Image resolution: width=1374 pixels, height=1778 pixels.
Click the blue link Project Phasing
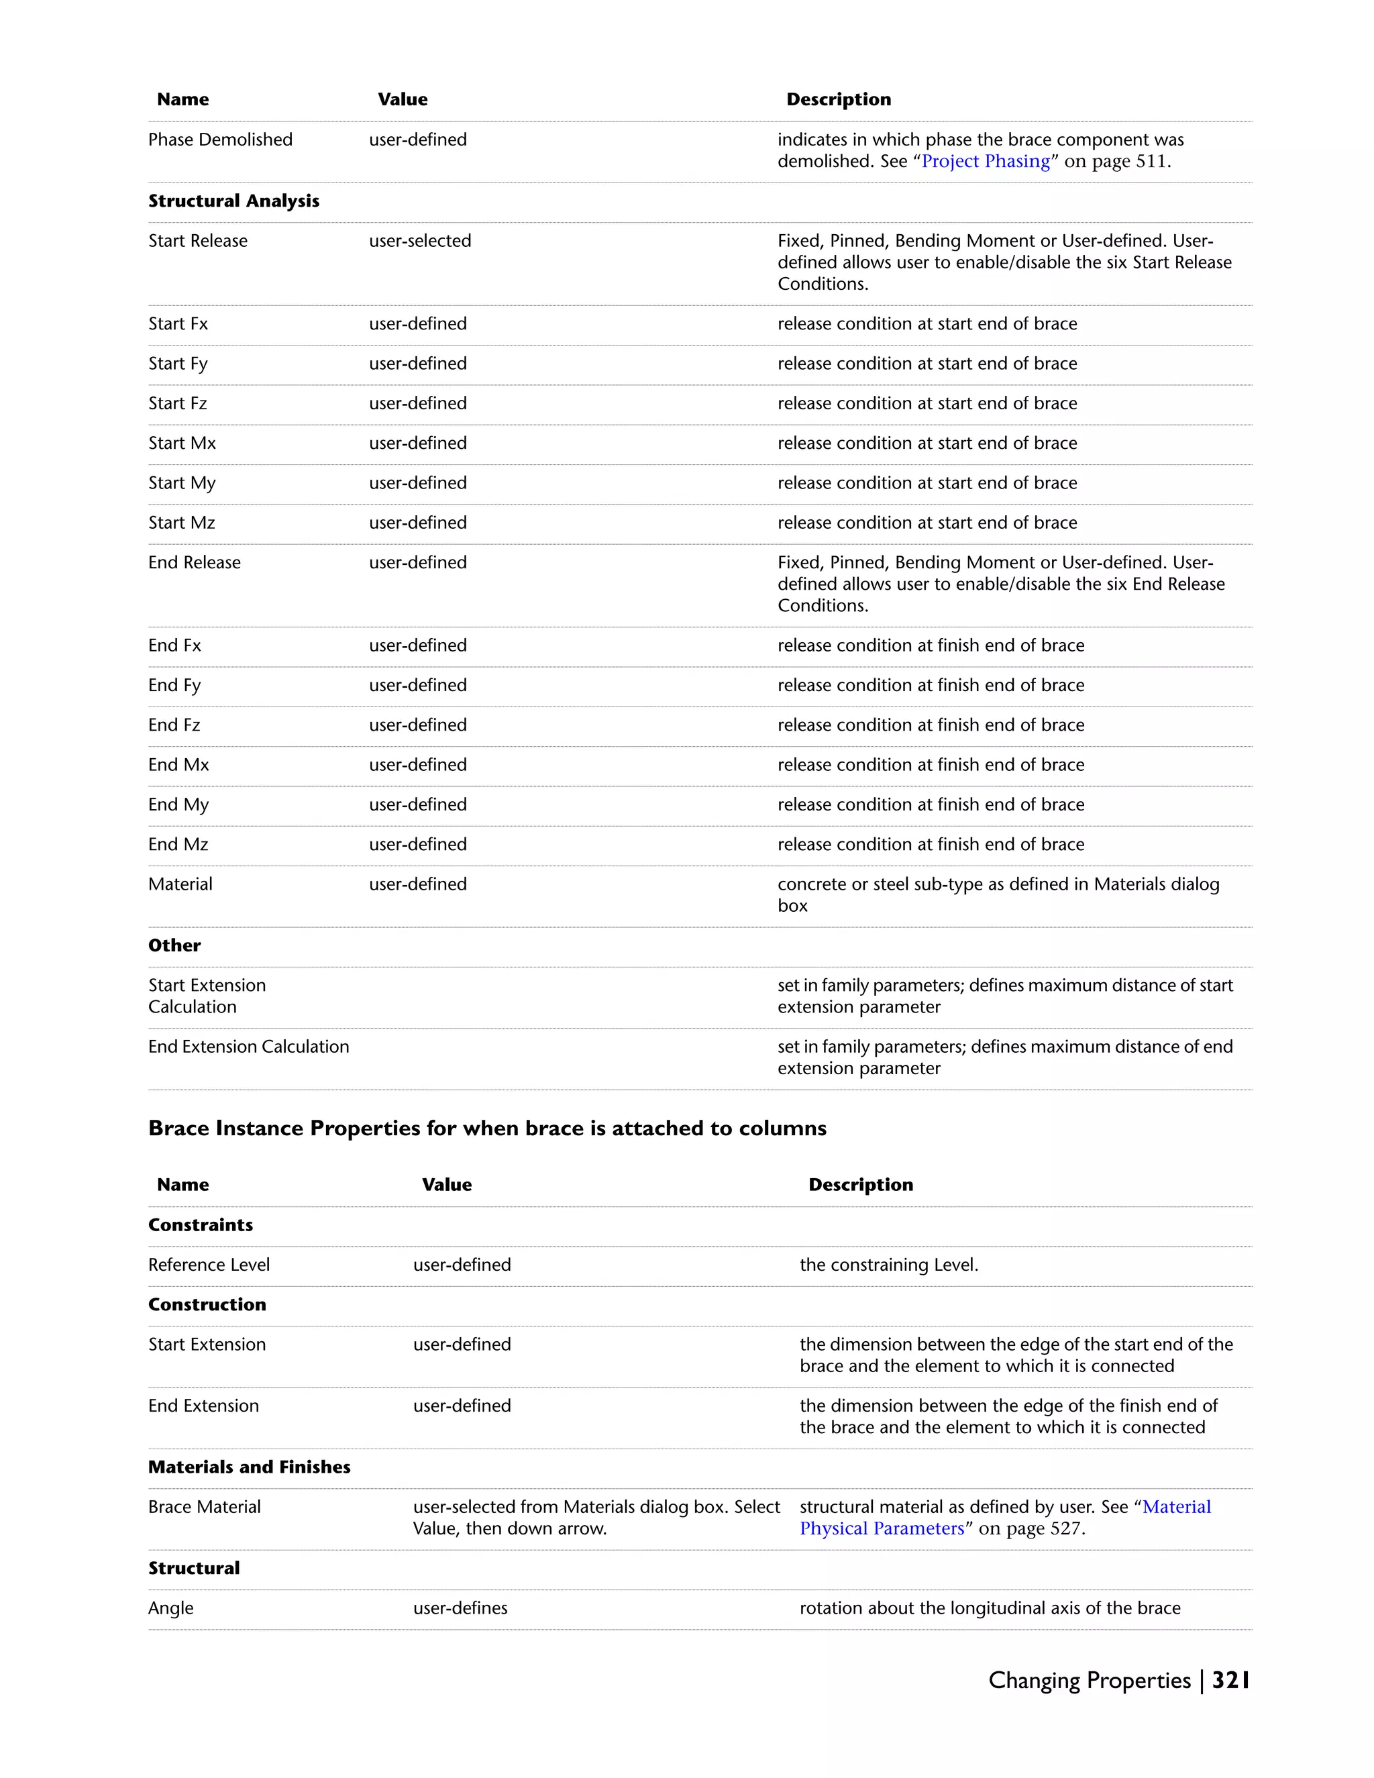[x=985, y=161]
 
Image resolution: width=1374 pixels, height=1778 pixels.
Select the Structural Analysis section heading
[x=233, y=201]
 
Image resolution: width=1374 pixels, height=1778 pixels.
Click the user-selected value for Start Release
[x=420, y=241]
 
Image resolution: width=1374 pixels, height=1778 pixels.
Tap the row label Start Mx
[x=182, y=443]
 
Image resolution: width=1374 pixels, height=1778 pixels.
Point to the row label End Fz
[x=174, y=725]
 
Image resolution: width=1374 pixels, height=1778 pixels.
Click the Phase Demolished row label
[x=220, y=140]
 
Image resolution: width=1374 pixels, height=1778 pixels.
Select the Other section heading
[x=174, y=946]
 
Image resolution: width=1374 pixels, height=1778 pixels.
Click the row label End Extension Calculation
[x=248, y=1047]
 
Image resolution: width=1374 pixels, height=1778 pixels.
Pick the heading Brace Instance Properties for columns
[x=487, y=1129]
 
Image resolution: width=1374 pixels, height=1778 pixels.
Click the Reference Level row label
[x=209, y=1265]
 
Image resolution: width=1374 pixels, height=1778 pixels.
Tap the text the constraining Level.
[x=889, y=1265]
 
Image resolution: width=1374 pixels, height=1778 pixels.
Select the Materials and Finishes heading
[x=249, y=1467]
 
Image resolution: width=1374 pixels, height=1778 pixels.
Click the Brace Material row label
[x=205, y=1507]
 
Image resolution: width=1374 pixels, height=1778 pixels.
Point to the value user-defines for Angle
[x=460, y=1608]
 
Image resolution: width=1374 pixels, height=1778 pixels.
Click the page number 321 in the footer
[x=1230, y=1680]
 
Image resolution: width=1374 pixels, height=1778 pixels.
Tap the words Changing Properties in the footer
[x=1089, y=1680]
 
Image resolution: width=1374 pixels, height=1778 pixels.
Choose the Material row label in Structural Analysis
[x=180, y=884]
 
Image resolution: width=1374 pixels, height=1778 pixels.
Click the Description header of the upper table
[x=839, y=99]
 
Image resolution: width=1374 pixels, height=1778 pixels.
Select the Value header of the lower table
[x=447, y=1184]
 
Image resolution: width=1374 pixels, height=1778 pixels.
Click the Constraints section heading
[x=200, y=1225]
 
